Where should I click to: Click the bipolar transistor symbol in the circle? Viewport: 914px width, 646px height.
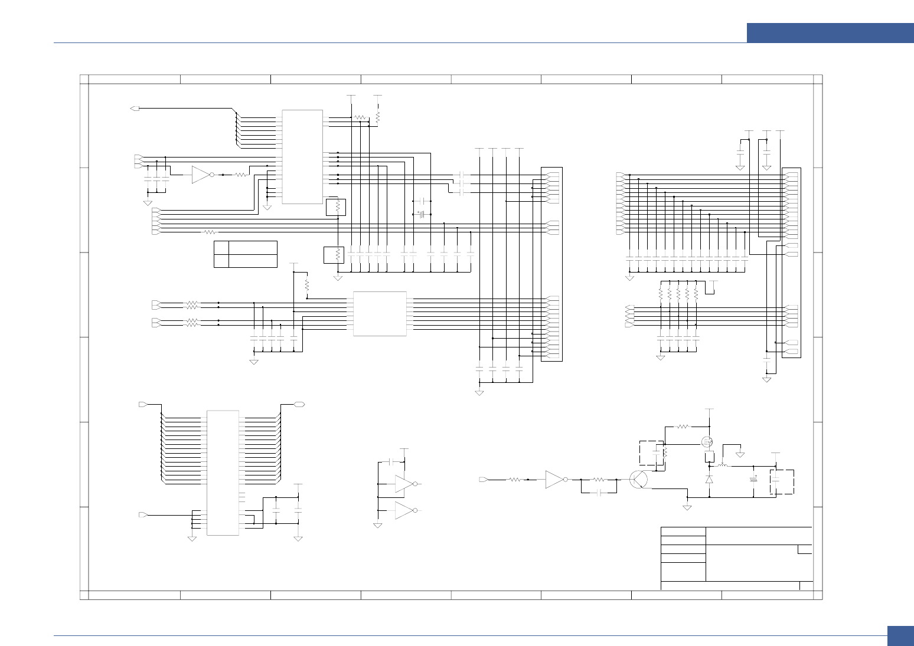point(638,480)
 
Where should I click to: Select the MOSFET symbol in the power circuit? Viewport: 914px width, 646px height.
point(707,442)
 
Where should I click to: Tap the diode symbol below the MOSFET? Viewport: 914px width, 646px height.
point(709,480)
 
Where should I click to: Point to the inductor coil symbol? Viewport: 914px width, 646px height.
point(723,466)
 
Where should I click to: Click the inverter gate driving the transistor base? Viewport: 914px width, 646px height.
point(556,480)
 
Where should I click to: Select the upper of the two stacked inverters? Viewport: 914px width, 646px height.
point(405,484)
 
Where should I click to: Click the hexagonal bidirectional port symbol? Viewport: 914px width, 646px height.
point(299,404)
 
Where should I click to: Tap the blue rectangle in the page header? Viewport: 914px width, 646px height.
point(830,33)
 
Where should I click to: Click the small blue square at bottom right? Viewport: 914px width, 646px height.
point(900,636)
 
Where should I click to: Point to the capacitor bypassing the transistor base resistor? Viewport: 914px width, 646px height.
point(599,491)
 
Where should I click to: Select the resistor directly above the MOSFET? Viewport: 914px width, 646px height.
point(683,426)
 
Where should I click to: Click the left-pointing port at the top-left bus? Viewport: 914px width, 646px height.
point(135,109)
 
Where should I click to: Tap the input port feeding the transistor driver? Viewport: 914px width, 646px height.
point(483,480)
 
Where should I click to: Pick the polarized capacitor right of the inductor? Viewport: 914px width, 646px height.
point(753,478)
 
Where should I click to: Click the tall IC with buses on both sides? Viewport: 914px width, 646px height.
point(223,473)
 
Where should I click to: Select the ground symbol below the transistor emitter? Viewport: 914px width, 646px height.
point(687,507)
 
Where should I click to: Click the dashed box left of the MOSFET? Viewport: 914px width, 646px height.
point(651,453)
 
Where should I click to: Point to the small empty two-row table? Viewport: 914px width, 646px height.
point(245,254)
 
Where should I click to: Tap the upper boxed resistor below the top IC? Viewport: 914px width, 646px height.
point(336,207)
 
